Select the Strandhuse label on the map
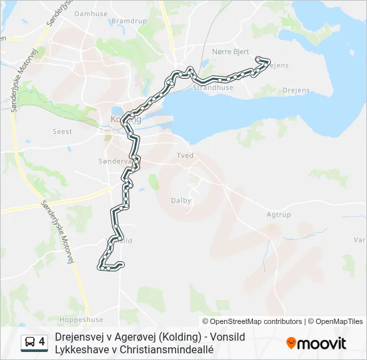213,87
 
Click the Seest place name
62,132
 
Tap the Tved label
185,155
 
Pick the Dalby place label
181,200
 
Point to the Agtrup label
279,215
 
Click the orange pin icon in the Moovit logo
291,343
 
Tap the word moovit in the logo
322,344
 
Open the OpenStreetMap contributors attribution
252,321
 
